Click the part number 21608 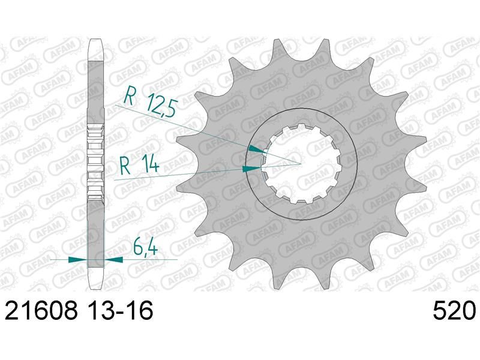tap(41, 310)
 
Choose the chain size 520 tap(454, 310)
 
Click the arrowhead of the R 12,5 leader tap(257, 149)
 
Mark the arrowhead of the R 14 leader tap(251, 169)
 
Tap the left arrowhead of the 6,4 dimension tap(77, 260)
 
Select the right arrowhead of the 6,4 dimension tap(113, 260)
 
